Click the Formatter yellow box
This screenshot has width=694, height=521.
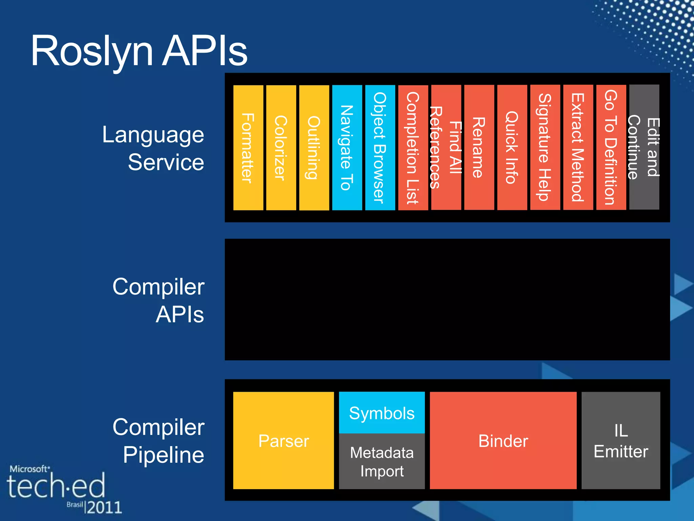(x=248, y=148)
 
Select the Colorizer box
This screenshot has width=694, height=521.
(x=281, y=148)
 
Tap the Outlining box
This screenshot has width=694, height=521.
(x=314, y=148)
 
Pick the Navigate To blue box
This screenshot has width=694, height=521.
(x=347, y=148)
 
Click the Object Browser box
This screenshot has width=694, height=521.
(x=380, y=148)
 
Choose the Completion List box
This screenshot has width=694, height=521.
(x=413, y=148)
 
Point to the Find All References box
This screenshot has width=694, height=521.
(x=446, y=148)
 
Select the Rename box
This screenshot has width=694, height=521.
(x=479, y=148)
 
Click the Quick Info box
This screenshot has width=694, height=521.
(x=512, y=148)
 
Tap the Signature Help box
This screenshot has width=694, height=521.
(x=545, y=148)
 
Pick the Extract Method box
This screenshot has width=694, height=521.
(x=578, y=148)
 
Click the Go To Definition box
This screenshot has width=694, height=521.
(x=611, y=148)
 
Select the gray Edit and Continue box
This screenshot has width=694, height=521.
(x=644, y=147)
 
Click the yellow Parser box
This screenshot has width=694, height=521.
(x=283, y=440)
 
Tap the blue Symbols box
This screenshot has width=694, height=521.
(x=382, y=412)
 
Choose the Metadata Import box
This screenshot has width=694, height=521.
(x=382, y=461)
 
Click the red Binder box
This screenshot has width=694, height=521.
(x=503, y=440)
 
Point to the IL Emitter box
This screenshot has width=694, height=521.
(x=620, y=440)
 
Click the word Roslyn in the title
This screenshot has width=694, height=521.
(x=91, y=52)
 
